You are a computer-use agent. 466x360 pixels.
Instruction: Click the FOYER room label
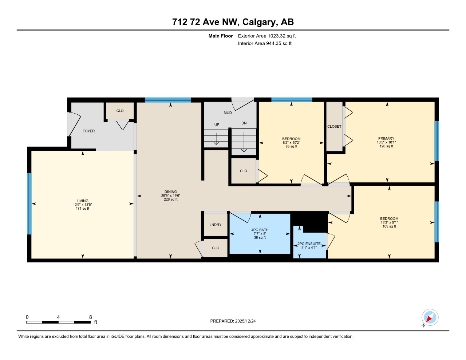(x=88, y=131)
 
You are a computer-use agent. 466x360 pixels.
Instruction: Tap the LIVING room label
(x=82, y=201)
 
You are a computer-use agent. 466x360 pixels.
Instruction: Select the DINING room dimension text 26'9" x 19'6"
(x=170, y=195)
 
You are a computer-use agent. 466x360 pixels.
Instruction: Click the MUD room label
(x=228, y=113)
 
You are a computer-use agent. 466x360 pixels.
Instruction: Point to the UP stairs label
(x=217, y=125)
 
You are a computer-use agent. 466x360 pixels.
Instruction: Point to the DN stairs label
(x=244, y=123)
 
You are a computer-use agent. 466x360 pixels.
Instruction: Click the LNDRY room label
(x=215, y=225)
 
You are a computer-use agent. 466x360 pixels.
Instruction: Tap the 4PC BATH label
(x=260, y=230)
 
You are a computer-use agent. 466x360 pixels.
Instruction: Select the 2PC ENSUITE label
(x=309, y=244)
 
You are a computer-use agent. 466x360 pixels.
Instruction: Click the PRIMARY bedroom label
(x=386, y=139)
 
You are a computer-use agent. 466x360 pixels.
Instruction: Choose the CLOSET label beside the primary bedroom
(x=334, y=127)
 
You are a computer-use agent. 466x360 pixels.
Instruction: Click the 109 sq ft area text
(x=389, y=226)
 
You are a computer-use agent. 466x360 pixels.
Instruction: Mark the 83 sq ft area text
(x=291, y=146)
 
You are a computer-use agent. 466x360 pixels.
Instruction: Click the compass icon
(x=430, y=317)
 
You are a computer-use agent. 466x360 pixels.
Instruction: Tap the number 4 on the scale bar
(x=58, y=317)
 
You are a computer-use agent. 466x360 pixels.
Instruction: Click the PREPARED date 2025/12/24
(x=245, y=321)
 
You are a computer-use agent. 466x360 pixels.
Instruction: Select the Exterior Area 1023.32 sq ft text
(x=266, y=36)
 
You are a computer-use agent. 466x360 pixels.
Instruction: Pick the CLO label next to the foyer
(x=120, y=111)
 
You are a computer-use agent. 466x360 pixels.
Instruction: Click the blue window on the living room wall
(x=29, y=203)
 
